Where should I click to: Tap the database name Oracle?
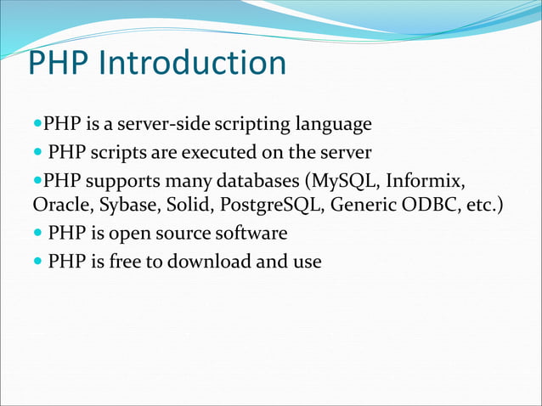(58, 206)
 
